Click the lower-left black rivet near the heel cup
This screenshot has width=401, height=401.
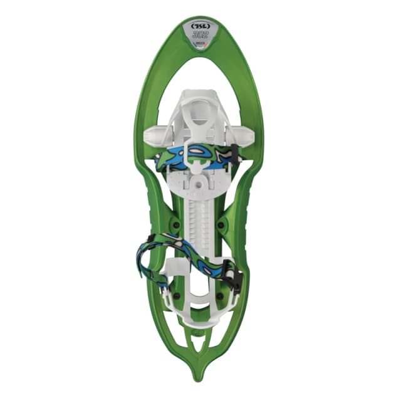coord(176,294)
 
